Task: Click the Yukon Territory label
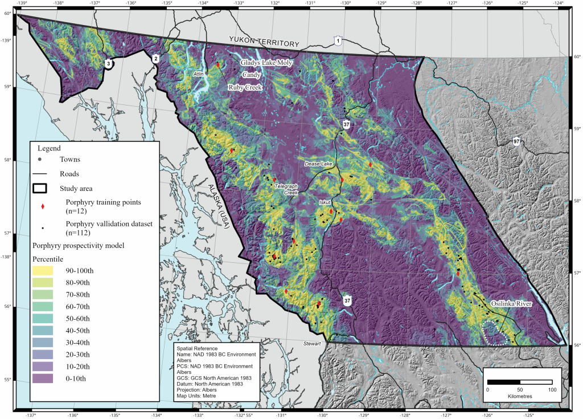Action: (x=264, y=41)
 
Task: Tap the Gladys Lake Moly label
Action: (x=266, y=63)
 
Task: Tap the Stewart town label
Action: (x=312, y=344)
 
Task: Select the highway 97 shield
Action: (x=516, y=141)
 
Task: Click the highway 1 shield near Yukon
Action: (x=338, y=41)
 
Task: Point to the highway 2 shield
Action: (x=155, y=58)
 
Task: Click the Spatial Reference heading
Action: (x=198, y=348)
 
